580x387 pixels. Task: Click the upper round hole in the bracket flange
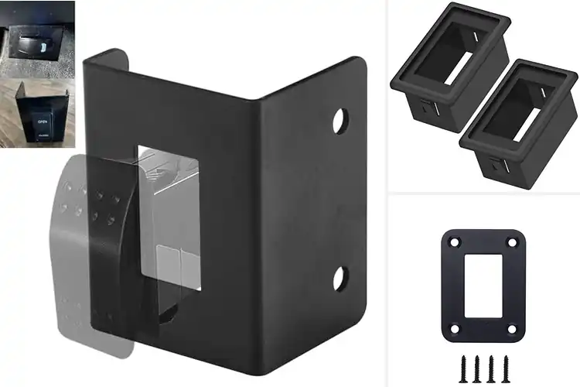pos(339,120)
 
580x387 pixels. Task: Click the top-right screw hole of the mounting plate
pos(511,243)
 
